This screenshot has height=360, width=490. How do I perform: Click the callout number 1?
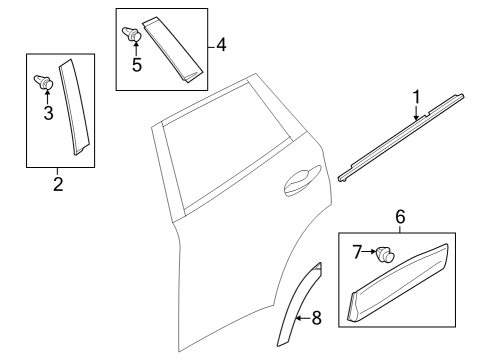416,97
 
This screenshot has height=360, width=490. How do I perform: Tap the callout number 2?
58,184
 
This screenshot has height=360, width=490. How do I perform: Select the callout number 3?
48,113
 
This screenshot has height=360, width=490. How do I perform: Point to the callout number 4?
221,44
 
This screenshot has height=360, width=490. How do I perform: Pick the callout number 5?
137,64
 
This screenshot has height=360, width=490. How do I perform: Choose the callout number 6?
400,217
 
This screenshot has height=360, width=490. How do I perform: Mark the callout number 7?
357,252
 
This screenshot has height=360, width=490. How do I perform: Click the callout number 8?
316,318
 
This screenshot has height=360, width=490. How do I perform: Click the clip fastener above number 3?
44,82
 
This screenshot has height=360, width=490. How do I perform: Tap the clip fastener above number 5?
132,34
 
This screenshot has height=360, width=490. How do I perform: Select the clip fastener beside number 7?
385,255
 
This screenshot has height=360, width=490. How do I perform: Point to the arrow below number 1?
416,112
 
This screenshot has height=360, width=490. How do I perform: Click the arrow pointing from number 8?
303,318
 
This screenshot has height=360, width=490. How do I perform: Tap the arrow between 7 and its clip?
369,252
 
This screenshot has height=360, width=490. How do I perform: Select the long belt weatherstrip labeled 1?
401,138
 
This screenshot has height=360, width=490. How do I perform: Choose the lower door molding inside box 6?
398,282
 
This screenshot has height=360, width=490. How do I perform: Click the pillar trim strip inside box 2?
74,107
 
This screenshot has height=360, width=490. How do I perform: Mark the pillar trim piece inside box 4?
173,50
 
